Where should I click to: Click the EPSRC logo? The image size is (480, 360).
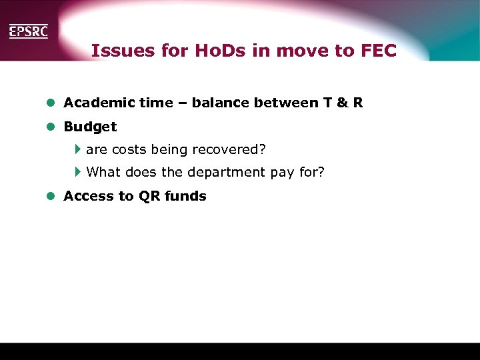28,31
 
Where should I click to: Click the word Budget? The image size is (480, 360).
90,127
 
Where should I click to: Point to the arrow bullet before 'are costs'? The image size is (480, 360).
77,149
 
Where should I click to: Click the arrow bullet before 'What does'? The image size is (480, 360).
77,172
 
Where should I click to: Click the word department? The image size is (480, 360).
227,172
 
